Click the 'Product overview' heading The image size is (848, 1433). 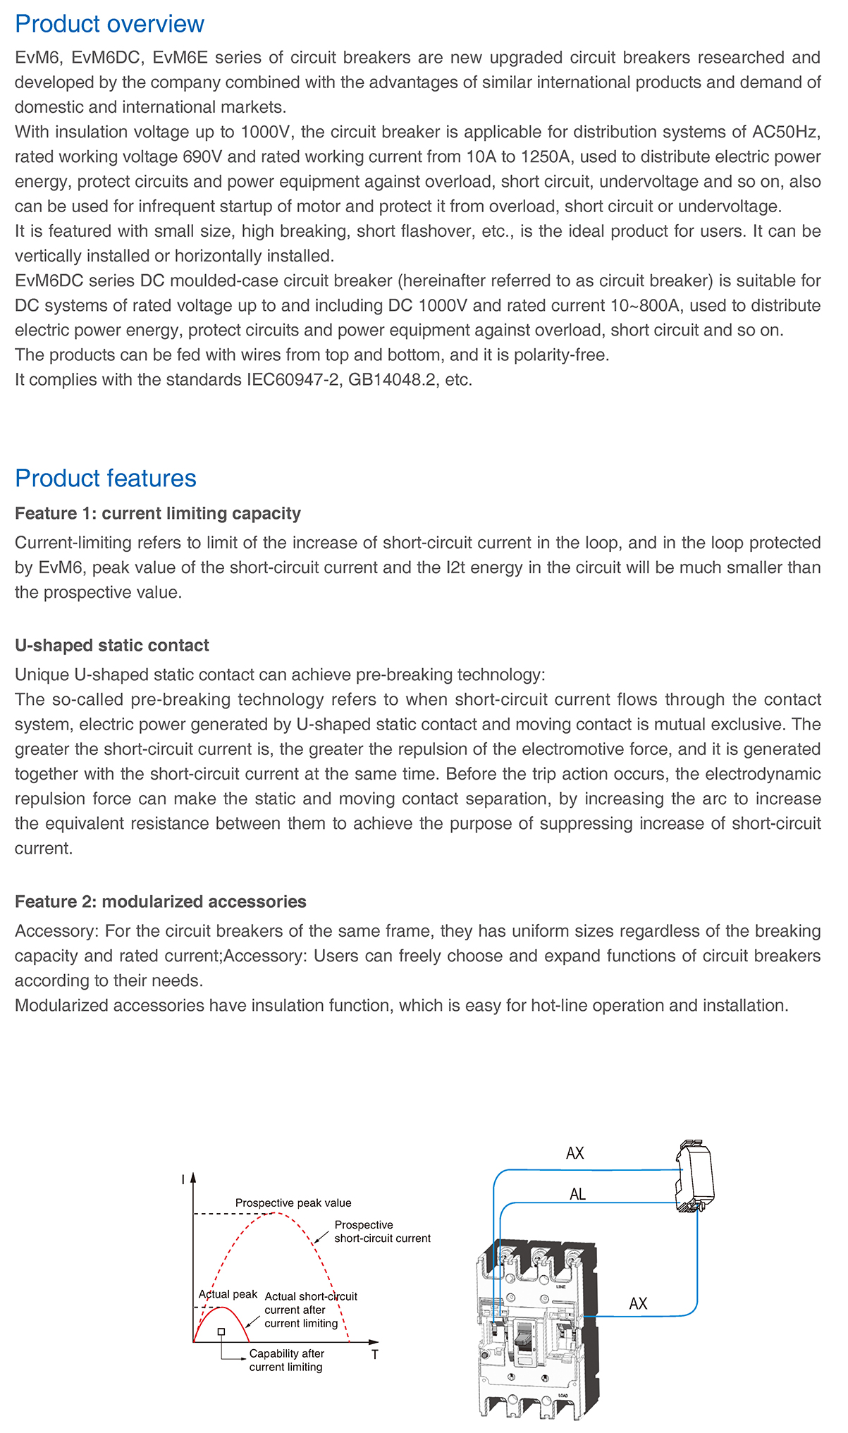pyautogui.click(x=109, y=24)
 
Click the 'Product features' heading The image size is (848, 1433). pyautogui.click(x=106, y=478)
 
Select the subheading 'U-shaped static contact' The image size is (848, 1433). pyautogui.click(x=111, y=646)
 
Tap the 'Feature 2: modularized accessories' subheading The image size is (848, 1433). pyautogui.click(x=160, y=902)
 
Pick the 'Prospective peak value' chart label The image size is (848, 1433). pyautogui.click(x=293, y=1203)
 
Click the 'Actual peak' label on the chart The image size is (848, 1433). pyautogui.click(x=228, y=1294)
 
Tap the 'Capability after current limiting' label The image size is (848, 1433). pyautogui.click(x=286, y=1360)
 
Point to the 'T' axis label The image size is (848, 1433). pyautogui.click(x=374, y=1355)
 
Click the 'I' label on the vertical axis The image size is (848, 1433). pyautogui.click(x=183, y=1180)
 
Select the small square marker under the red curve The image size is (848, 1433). pyautogui.click(x=221, y=1331)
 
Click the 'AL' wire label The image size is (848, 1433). pyautogui.click(x=577, y=1194)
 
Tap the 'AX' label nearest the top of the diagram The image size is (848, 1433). pyautogui.click(x=575, y=1153)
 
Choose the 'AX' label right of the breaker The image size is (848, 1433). pyautogui.click(x=638, y=1303)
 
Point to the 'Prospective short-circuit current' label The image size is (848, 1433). pyautogui.click(x=381, y=1231)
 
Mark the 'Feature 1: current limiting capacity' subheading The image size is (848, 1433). pyautogui.click(x=158, y=513)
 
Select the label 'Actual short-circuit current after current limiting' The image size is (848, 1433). pyautogui.click(x=310, y=1310)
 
